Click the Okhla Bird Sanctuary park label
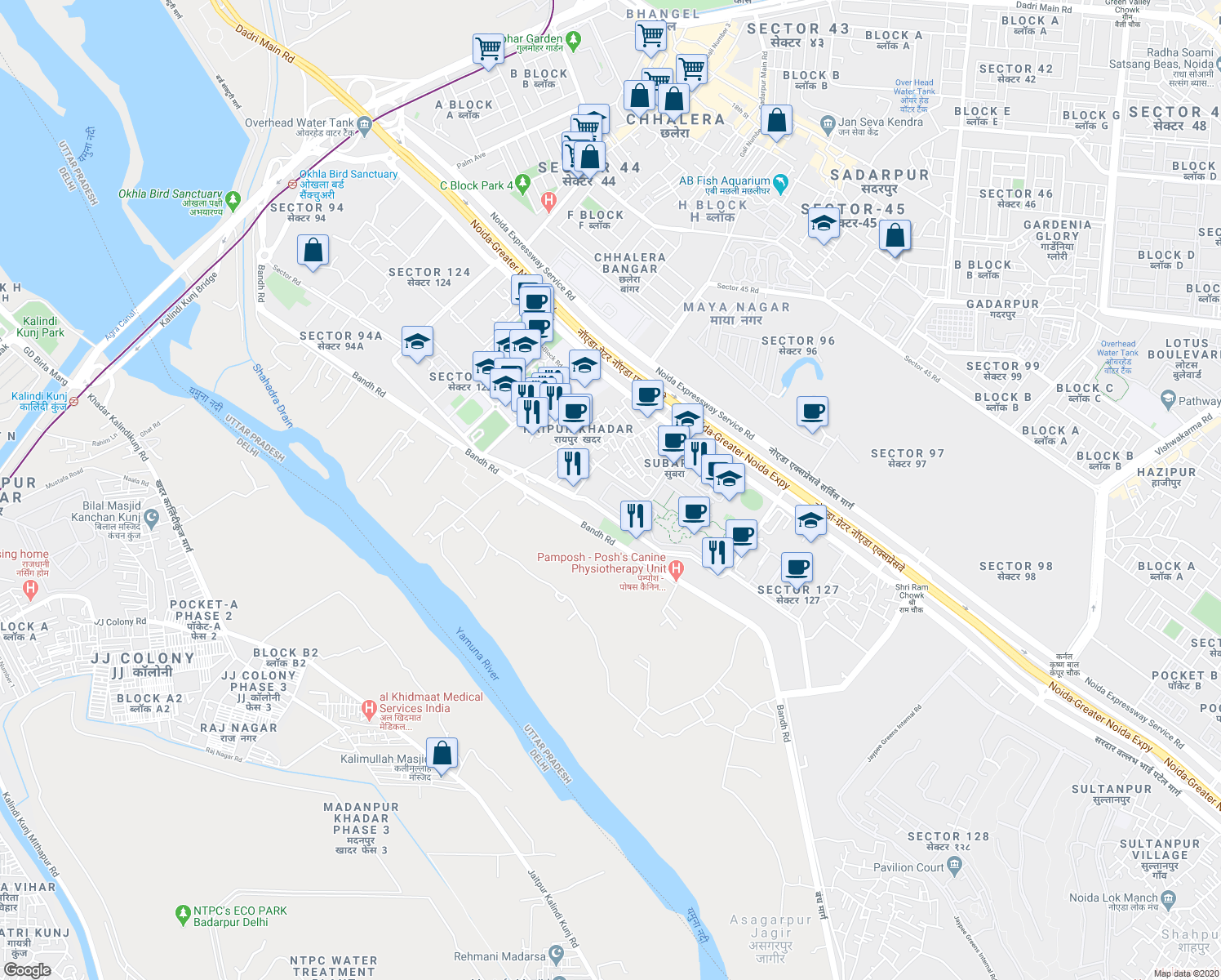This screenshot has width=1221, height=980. [x=171, y=194]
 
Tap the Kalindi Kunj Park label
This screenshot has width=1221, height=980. [x=40, y=327]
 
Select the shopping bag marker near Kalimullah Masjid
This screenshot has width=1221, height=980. [x=442, y=753]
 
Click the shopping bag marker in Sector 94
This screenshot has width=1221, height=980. [x=313, y=250]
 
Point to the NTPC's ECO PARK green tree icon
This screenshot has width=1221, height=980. [x=183, y=915]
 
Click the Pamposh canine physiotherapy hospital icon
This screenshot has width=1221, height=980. [x=676, y=568]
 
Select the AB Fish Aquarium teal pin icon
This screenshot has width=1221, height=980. [x=780, y=184]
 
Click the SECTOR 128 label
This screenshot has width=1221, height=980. [x=948, y=836]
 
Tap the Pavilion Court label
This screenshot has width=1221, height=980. [x=908, y=867]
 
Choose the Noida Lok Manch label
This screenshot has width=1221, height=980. [x=1113, y=898]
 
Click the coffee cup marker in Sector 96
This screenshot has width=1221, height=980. [x=812, y=411]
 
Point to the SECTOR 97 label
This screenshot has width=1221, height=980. [x=907, y=453]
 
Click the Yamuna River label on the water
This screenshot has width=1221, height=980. [x=477, y=654]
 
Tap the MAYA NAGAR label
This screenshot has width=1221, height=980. [x=736, y=307]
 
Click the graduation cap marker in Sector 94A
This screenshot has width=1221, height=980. [x=417, y=342]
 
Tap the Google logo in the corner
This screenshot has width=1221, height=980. [x=27, y=970]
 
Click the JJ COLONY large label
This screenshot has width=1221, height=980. [x=143, y=658]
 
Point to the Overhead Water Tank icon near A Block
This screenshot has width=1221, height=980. [x=364, y=125]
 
